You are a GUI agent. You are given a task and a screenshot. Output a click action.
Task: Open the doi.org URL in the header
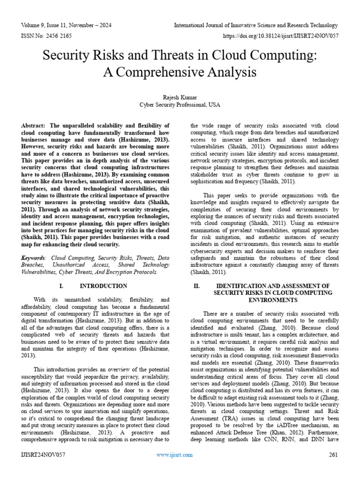point(284,36)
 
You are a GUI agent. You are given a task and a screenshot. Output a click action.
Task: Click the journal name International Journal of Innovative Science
point(256,25)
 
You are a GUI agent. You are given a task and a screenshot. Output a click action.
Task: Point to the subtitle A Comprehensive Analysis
point(180,72)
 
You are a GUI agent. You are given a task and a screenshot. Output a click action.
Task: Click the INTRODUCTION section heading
point(103,285)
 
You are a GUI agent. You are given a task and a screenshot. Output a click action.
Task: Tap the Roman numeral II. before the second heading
point(197,285)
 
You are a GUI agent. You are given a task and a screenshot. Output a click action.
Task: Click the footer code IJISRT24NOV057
point(43,455)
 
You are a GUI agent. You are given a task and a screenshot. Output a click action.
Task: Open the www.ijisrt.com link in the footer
point(174,455)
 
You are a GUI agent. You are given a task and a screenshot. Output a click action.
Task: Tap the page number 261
point(334,455)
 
